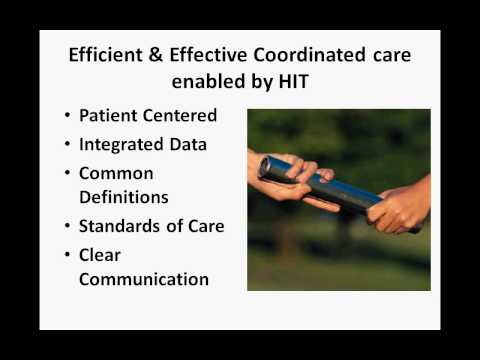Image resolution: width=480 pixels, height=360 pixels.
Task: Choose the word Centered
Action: (x=184, y=115)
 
